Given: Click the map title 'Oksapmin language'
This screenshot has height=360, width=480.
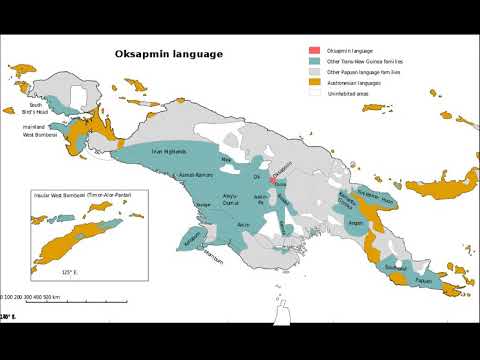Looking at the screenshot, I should point(169,54).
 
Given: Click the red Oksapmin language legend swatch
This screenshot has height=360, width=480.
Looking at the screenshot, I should point(314,50).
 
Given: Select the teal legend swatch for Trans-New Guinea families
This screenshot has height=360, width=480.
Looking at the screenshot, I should point(314,61).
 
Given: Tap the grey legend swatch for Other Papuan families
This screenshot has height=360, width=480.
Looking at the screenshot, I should point(314,72).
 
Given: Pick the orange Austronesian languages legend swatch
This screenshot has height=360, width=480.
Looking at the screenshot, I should point(314,82).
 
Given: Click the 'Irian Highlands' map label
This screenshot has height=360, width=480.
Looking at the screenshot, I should point(169,151).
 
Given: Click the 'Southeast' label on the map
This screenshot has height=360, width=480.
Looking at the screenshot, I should point(396,267).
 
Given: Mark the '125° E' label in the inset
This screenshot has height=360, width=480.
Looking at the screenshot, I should point(69,271).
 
